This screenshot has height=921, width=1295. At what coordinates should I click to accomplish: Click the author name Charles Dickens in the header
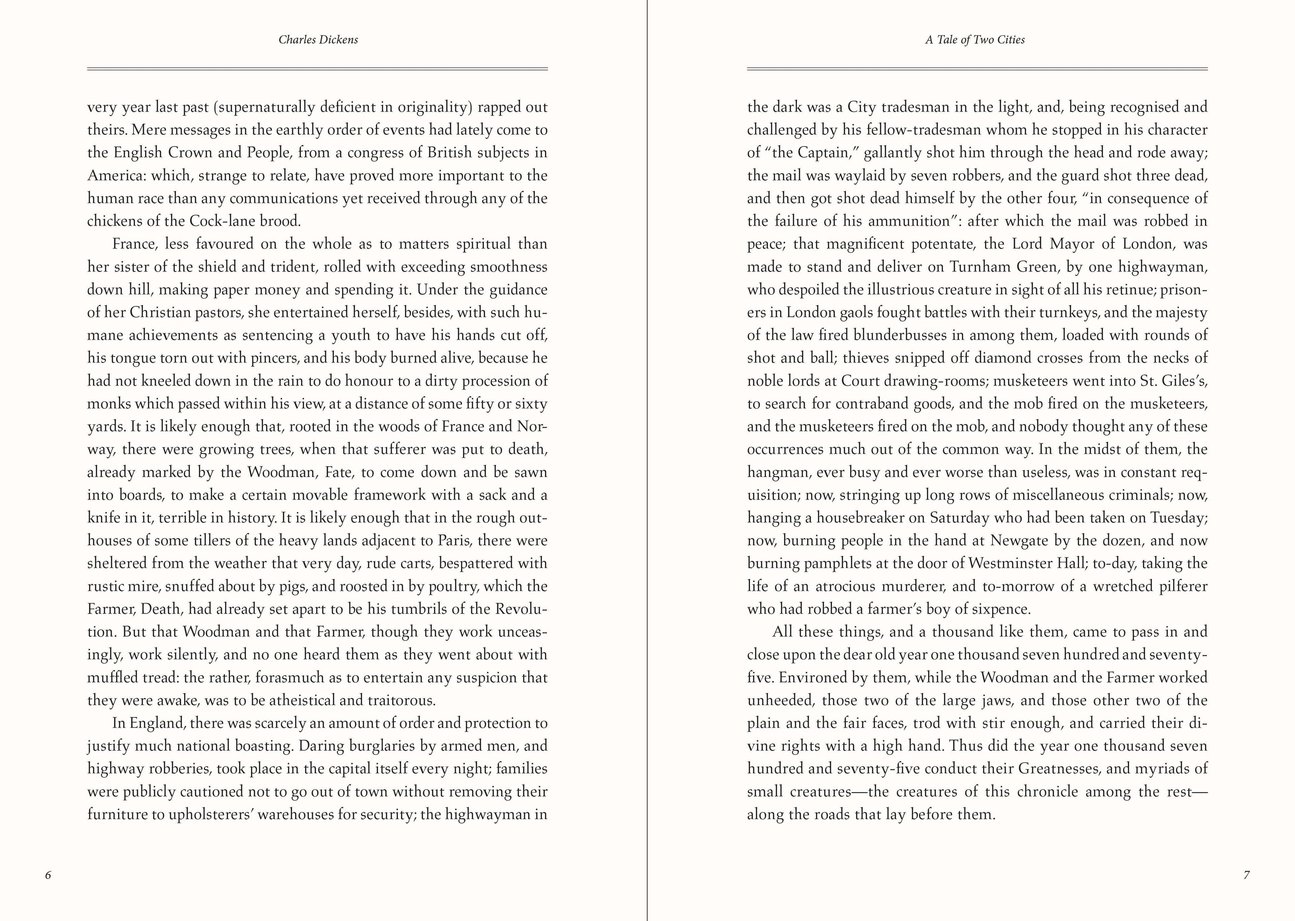coord(318,40)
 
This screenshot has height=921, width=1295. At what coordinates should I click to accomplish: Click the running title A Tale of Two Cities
coord(975,40)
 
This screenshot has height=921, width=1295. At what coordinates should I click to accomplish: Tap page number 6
coord(48,875)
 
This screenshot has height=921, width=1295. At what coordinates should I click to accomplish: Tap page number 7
coord(1247,875)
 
